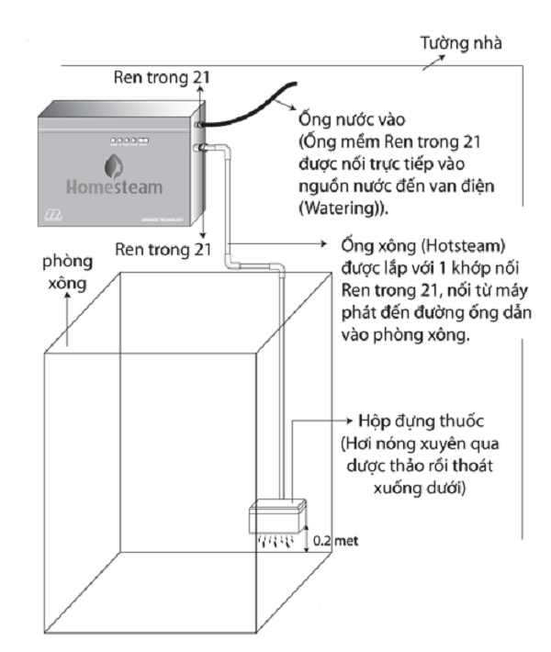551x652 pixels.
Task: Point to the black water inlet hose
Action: click(248, 101)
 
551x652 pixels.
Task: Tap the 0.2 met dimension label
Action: click(332, 542)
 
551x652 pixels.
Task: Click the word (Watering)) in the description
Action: click(345, 209)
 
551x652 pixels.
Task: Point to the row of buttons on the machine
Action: click(123, 141)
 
